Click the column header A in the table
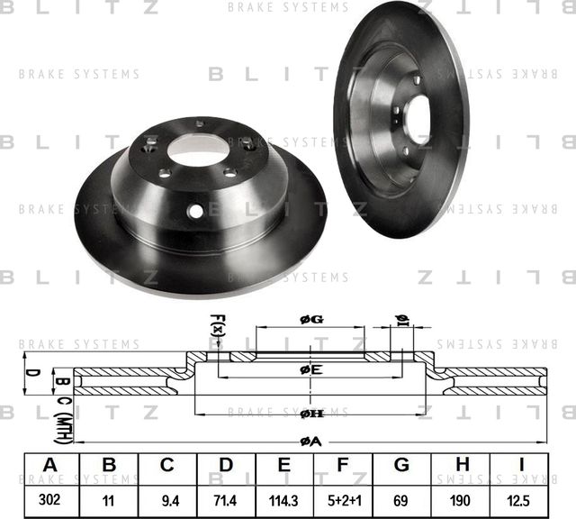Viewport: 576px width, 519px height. [49, 465]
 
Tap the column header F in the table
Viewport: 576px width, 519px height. [342, 465]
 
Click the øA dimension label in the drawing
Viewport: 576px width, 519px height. [310, 440]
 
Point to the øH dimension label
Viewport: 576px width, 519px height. [310, 413]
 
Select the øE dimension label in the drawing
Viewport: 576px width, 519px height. [310, 369]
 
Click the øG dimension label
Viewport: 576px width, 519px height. [310, 319]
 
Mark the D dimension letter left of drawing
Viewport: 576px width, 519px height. [30, 371]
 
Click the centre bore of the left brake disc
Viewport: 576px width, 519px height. [197, 150]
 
